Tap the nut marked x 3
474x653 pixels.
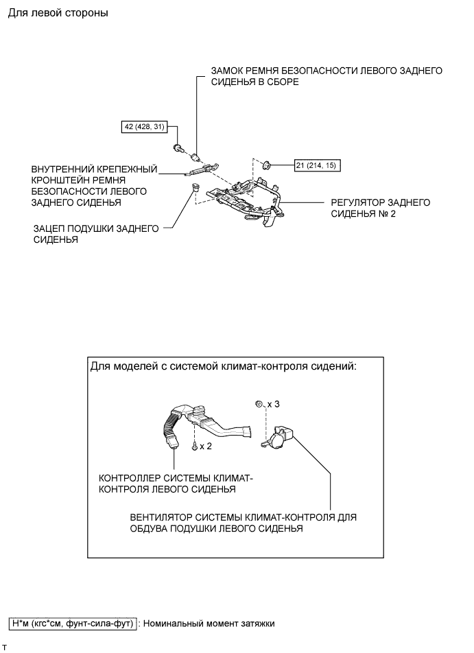pos(259,404)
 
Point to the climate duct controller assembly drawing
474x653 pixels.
pos(199,422)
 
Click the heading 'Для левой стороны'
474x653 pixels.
pos(58,13)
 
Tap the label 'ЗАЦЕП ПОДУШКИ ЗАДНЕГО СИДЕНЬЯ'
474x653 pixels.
pos(96,235)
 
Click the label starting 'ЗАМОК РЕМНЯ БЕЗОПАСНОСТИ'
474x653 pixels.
pos(327,75)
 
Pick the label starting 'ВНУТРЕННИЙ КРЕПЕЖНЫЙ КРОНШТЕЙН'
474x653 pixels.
pos(95,186)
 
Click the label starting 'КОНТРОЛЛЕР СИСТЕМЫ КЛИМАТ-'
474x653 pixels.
pos(176,484)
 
